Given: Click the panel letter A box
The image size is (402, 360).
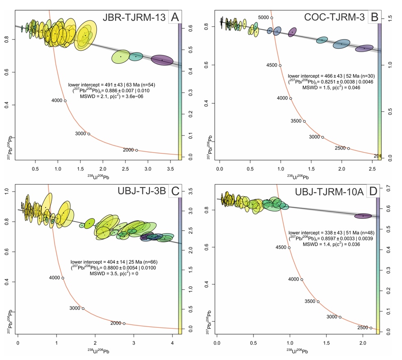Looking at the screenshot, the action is pyautogui.click(x=175, y=17).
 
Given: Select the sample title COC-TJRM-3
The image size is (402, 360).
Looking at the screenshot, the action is pyautogui.click(x=334, y=17).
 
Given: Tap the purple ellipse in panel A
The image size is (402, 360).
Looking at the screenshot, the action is pyautogui.click(x=162, y=60).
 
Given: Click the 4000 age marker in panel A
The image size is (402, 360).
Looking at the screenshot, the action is pyautogui.click(x=65, y=101).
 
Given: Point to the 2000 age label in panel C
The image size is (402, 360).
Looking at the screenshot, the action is pyautogui.click(x=116, y=323).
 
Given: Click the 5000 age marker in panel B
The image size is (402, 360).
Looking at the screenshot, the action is pyautogui.click(x=272, y=18).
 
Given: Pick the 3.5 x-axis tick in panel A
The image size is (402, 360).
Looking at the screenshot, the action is pyautogui.click(x=170, y=169).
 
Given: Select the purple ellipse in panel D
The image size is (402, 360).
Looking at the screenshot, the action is pyautogui.click(x=363, y=216).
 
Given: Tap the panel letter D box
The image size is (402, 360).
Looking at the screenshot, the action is pyautogui.click(x=373, y=192).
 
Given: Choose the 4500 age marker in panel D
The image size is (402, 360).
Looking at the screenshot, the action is pyautogui.click(x=289, y=248).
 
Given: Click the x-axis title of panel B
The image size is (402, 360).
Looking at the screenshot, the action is pyautogui.click(x=298, y=177).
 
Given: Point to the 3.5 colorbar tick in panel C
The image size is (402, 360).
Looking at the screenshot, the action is pyautogui.click(x=190, y=191).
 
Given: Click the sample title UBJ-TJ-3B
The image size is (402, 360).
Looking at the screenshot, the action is pyautogui.click(x=142, y=191).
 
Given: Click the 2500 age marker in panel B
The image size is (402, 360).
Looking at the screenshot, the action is pyautogui.click(x=348, y=148).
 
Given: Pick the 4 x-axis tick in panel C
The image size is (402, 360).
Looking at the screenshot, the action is pyautogui.click(x=172, y=343).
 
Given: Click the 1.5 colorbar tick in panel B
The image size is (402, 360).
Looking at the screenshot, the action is pyautogui.click(x=390, y=18).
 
